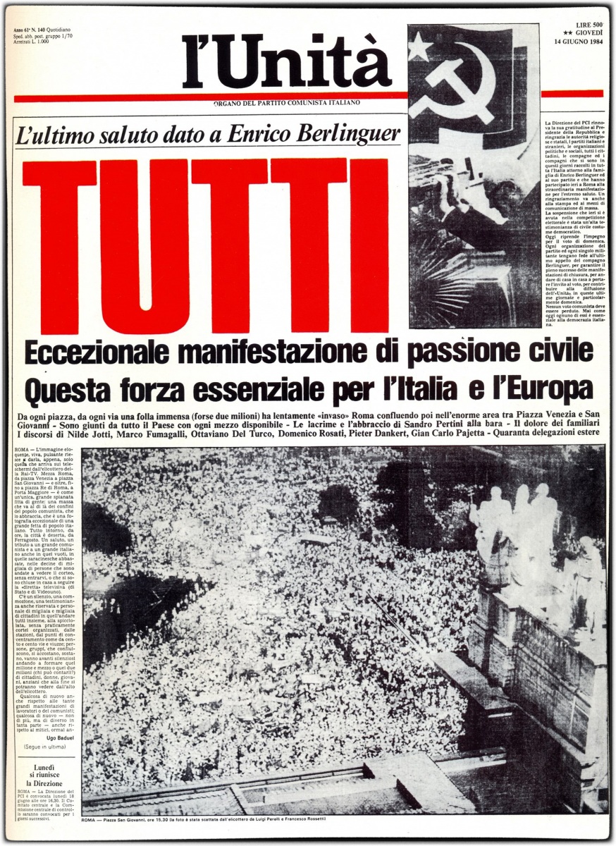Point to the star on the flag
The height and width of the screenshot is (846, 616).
[420, 47]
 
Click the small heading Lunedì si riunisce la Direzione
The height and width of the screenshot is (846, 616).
[44, 774]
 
